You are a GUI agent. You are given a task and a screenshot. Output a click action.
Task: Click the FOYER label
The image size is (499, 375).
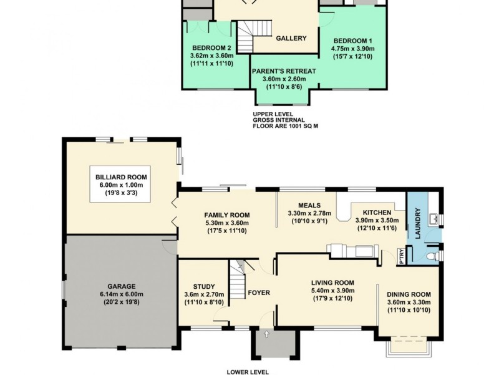coord(258,292)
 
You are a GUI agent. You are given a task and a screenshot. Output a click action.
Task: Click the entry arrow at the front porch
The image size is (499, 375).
coord(267,335)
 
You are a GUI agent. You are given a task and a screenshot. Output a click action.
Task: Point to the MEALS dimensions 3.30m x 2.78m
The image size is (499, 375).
coord(309,213)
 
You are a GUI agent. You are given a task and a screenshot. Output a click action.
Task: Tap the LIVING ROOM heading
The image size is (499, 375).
coord(332,282)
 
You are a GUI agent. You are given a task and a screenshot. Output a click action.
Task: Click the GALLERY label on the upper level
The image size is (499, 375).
coord(291,38)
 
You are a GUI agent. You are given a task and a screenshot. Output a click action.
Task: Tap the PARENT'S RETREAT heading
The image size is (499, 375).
coord(284,71)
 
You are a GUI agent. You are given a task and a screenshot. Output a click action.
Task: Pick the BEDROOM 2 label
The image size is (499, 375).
coord(212,48)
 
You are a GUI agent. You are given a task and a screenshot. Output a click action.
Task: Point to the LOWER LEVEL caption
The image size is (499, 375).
coord(248,371)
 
